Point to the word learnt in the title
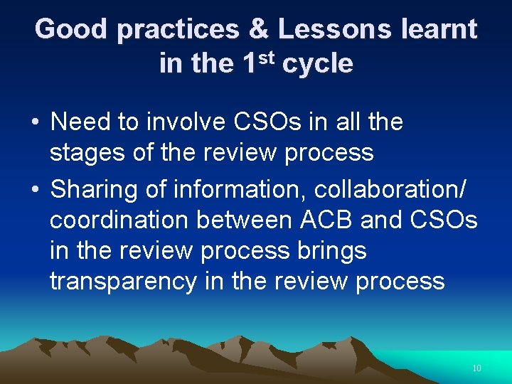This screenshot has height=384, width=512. pyautogui.click(x=439, y=29)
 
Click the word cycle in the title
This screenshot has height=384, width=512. pyautogui.click(x=317, y=64)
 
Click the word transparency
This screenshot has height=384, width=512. pyautogui.click(x=122, y=282)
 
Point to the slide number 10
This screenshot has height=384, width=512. pyautogui.click(x=476, y=368)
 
